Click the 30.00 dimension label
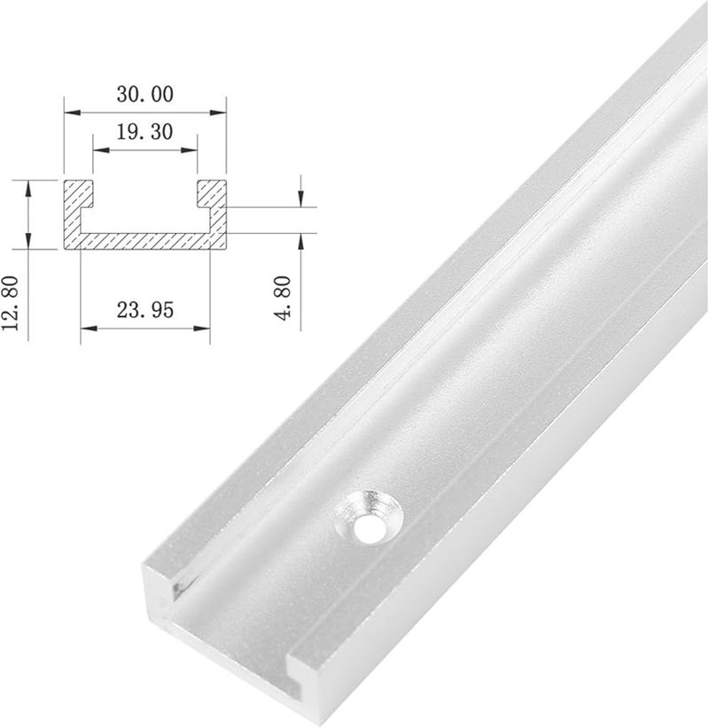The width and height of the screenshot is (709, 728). (x=144, y=93)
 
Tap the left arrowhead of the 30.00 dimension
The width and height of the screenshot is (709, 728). (x=71, y=112)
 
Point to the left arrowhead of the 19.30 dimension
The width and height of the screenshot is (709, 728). (x=100, y=150)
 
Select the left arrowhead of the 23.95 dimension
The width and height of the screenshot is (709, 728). (x=86, y=328)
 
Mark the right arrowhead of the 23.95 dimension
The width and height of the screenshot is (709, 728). (x=205, y=328)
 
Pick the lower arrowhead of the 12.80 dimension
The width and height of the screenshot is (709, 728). (x=29, y=239)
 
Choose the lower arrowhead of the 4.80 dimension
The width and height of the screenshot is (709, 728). (x=302, y=239)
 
